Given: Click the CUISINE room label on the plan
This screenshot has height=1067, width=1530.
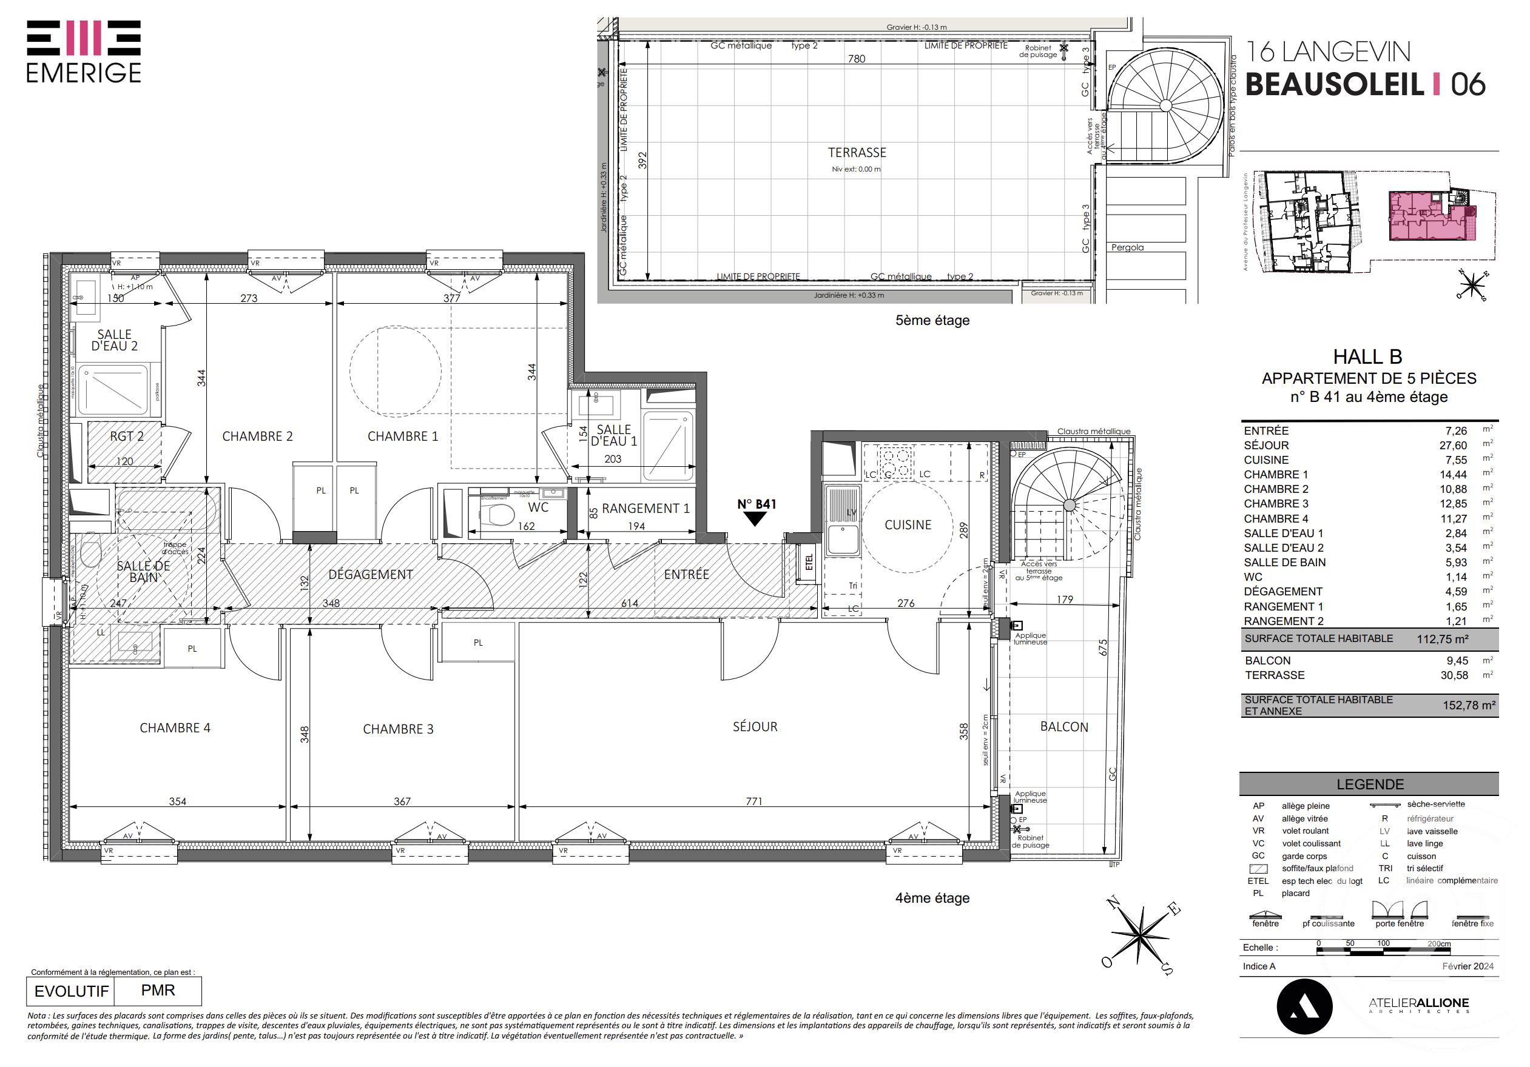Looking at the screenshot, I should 908,525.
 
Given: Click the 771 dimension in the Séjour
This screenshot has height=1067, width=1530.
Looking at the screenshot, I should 753,801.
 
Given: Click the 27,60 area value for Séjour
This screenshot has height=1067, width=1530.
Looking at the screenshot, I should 1453,445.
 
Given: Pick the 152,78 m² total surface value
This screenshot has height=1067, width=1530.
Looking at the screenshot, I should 1469,704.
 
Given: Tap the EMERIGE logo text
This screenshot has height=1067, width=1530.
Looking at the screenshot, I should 84,73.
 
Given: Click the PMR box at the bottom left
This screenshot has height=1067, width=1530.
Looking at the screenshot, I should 158,991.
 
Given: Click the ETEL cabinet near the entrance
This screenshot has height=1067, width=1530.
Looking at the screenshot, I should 809,563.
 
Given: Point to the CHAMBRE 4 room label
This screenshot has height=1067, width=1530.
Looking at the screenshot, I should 175,728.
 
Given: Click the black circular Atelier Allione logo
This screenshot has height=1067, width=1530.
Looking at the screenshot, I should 1304,1006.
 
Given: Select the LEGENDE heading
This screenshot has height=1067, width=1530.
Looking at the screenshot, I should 1369,784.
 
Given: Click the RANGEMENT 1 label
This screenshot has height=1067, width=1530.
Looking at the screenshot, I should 645,508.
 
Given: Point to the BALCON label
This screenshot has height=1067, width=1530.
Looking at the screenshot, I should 1063,727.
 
